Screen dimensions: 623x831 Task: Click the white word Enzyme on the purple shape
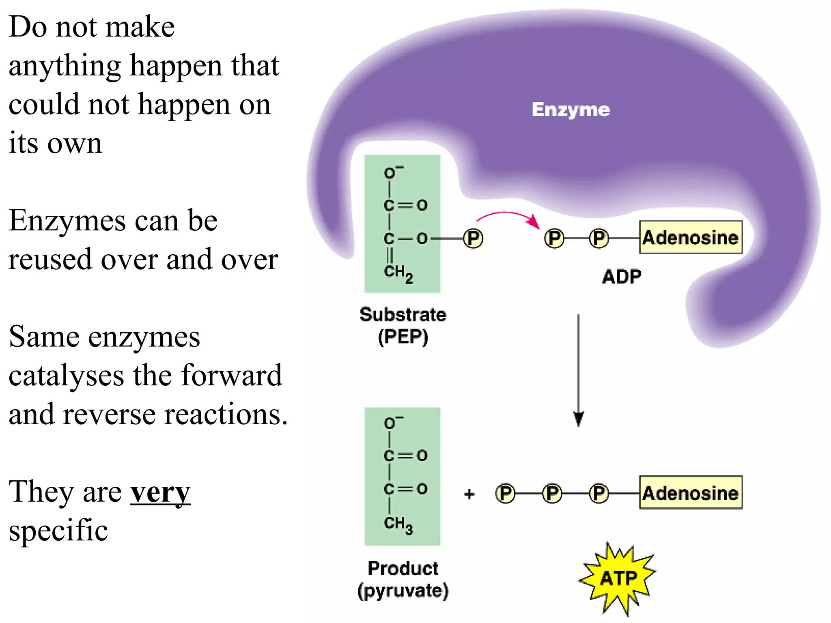click(x=571, y=110)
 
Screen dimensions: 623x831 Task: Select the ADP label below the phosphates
click(x=622, y=277)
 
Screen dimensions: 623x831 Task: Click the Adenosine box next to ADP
click(x=690, y=238)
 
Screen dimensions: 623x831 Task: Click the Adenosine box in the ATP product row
click(x=690, y=493)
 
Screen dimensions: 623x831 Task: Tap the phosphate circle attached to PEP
click(x=473, y=238)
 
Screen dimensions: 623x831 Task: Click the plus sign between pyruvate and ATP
click(x=469, y=494)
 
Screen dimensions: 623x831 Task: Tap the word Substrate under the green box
click(x=403, y=315)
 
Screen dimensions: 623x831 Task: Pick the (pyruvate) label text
click(x=403, y=591)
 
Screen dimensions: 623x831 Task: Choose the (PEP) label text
click(x=403, y=337)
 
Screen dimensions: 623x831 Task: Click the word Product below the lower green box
click(x=403, y=569)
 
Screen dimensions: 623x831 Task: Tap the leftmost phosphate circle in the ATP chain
click(x=505, y=494)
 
